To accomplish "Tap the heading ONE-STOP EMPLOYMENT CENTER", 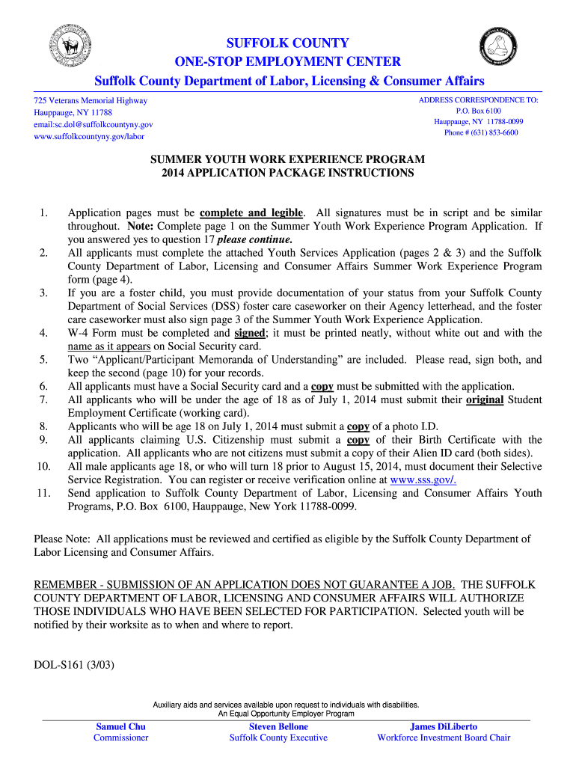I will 288,61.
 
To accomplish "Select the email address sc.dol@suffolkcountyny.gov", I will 94,124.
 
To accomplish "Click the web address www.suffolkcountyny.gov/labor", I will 89,136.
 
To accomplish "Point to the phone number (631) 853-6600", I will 481,132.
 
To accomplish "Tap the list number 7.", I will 44,399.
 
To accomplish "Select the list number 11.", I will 42,493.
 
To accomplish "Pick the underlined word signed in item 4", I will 249,333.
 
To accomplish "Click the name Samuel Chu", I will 121,726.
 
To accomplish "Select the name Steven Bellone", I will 278,726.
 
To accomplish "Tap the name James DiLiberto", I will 444,726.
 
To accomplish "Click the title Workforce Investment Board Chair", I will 444,738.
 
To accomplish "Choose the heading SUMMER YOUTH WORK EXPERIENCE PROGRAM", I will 288,159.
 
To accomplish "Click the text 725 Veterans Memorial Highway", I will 91,100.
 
